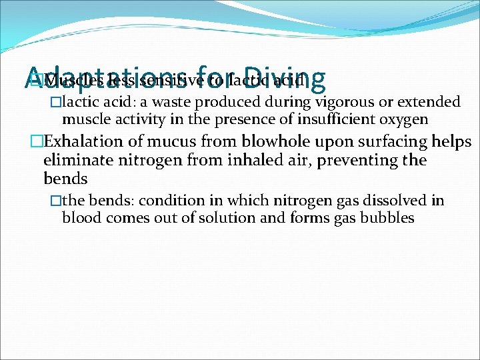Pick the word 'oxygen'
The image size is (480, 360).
point(395,120)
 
